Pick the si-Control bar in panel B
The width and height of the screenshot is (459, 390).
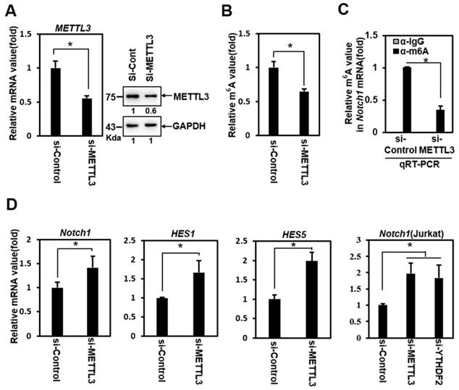click(274, 102)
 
